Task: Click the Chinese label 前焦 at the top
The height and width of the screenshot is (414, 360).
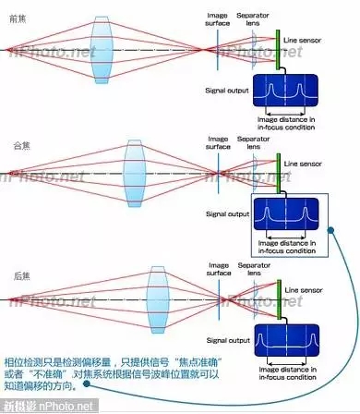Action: (x=16, y=9)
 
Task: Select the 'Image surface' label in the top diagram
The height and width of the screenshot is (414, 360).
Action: (x=220, y=19)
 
